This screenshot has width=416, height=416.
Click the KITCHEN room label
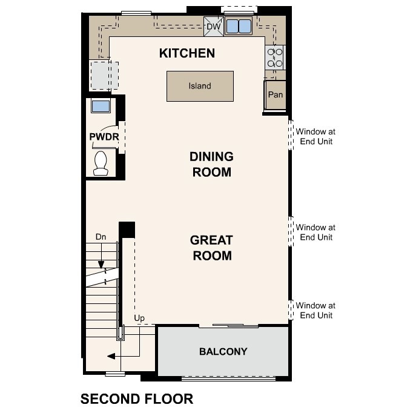pos(187,53)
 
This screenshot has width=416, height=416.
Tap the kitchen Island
pos(200,86)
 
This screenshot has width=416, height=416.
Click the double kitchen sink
pos(239,27)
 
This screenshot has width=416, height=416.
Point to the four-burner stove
pos(275,58)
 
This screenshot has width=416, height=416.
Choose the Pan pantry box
pos(276,95)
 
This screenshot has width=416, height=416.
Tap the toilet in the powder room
pos(101,162)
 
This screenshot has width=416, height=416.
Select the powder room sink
pos(101,107)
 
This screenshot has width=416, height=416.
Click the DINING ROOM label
pos(211,164)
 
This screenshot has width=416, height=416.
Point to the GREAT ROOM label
pos(211,248)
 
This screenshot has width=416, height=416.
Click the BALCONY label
pos(223,352)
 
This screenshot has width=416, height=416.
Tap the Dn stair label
pos(101,237)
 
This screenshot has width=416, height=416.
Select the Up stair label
pos(139,318)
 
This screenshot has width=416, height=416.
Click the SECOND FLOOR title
pos(137,399)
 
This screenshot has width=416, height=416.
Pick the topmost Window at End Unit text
pos(315,136)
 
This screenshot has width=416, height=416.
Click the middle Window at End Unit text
pos(315,233)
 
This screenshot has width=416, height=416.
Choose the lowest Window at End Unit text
pos(315,311)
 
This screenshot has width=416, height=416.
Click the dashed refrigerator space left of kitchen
pos(104,74)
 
